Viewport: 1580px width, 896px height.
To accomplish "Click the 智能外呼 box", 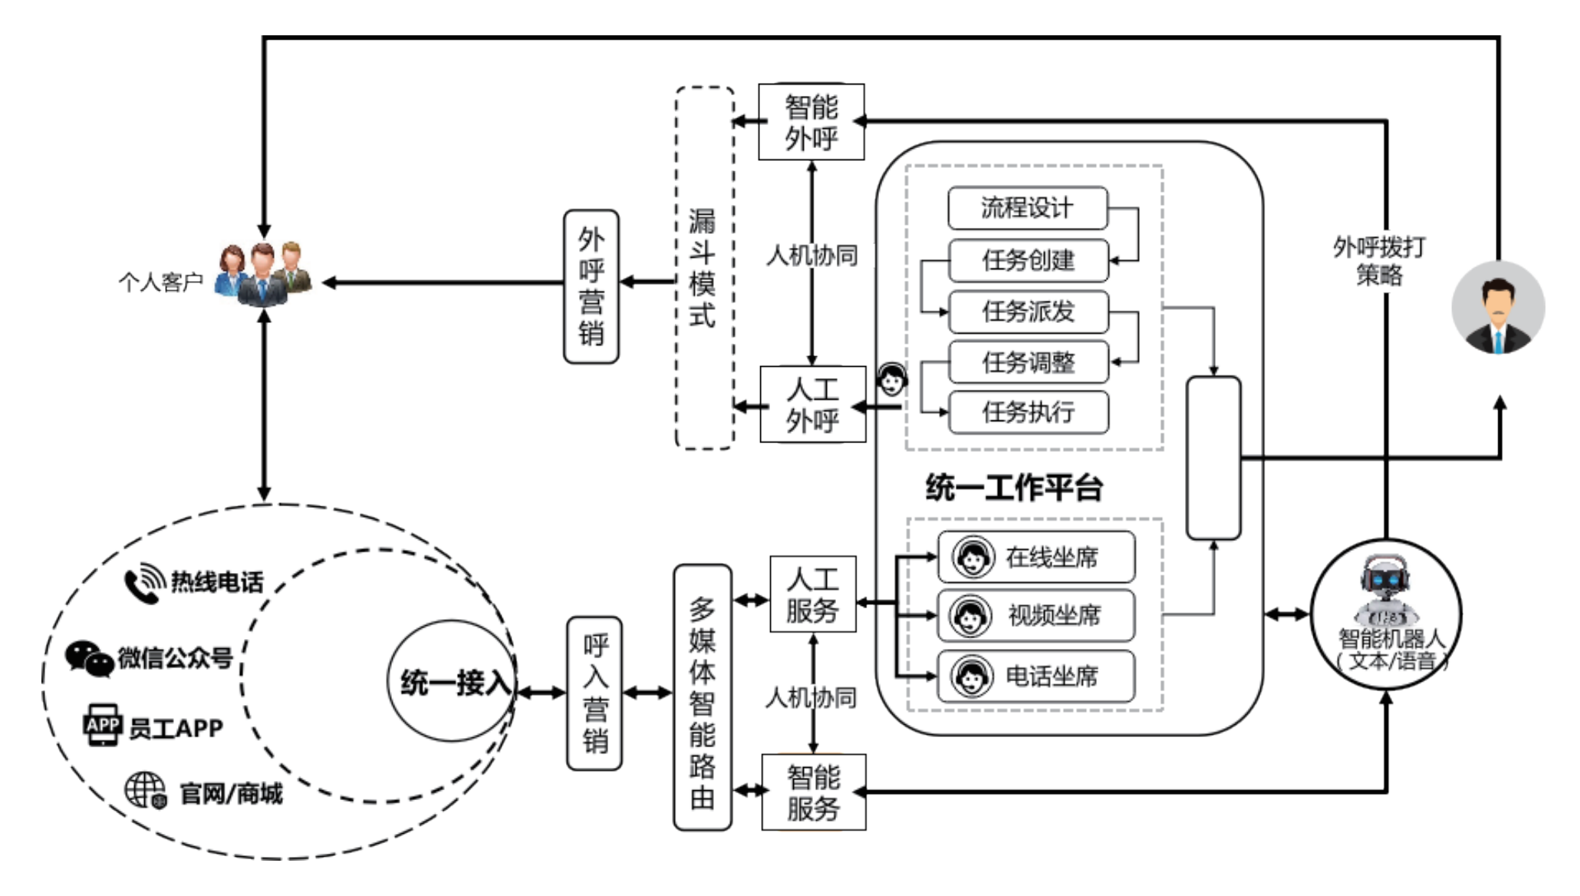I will pyautogui.click(x=811, y=122).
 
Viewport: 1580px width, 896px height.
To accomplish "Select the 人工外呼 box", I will pyautogui.click(x=812, y=404).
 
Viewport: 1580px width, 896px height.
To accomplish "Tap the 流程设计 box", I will pyautogui.click(x=1027, y=208).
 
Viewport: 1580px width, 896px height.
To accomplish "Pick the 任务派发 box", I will pyautogui.click(x=1028, y=311).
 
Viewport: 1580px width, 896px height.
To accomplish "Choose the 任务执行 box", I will pyautogui.click(x=1028, y=412).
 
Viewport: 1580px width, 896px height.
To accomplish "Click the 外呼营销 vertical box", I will pyautogui.click(x=591, y=286).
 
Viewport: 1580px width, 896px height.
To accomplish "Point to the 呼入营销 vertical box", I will pyautogui.click(x=594, y=693).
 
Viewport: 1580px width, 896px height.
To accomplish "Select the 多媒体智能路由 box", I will pyautogui.click(x=702, y=697).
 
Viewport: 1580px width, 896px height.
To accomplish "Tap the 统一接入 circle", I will pyautogui.click(x=453, y=681).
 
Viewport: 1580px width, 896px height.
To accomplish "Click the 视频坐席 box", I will pyautogui.click(x=1035, y=615).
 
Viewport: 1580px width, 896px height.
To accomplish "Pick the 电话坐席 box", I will pyautogui.click(x=1035, y=676).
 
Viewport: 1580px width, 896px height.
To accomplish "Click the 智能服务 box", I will pyautogui.click(x=813, y=792).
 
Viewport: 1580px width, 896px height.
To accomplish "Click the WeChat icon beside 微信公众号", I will pyautogui.click(x=89, y=658).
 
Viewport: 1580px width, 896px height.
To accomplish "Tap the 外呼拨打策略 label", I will pyautogui.click(x=1379, y=261).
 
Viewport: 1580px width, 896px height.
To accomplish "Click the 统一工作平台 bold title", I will pyautogui.click(x=1014, y=488).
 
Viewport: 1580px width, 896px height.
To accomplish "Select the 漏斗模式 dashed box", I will pyautogui.click(x=704, y=268).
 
